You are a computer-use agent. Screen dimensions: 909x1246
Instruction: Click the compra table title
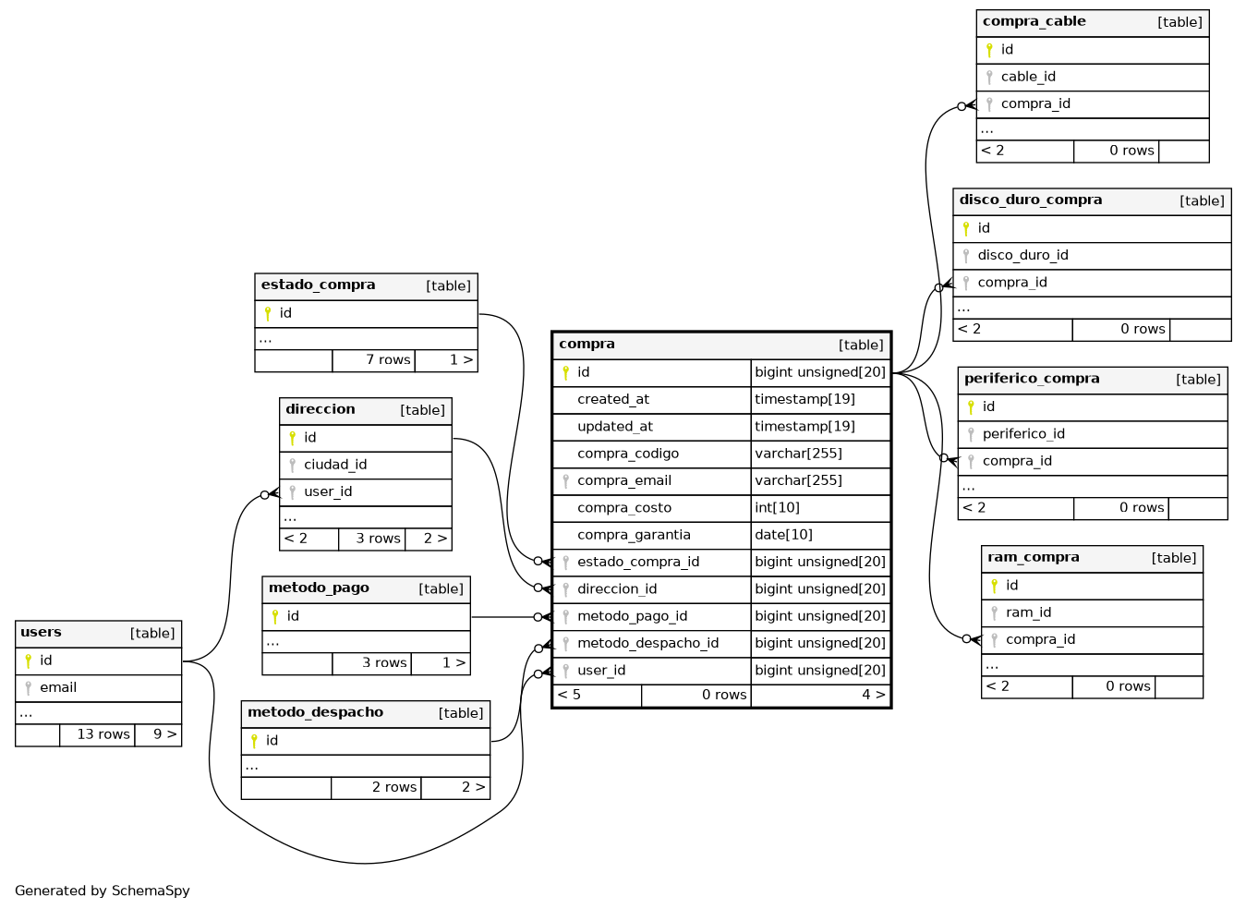(x=587, y=345)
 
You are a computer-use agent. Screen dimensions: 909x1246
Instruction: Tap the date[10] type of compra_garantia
(x=783, y=535)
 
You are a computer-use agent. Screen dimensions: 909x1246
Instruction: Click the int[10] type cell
(x=777, y=508)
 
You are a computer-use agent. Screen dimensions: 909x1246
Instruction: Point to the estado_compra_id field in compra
(x=637, y=562)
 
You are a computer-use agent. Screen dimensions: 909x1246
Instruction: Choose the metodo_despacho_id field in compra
(x=647, y=644)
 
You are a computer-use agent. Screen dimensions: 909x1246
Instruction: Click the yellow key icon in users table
(x=29, y=661)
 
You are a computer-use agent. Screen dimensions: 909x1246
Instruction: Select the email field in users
(x=58, y=688)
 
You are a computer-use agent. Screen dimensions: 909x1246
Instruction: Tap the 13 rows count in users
(x=103, y=734)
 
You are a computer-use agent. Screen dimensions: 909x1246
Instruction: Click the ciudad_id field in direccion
(x=334, y=465)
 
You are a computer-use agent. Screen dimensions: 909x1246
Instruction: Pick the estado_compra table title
(x=318, y=285)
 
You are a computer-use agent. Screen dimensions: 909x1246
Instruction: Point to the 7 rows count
(x=387, y=360)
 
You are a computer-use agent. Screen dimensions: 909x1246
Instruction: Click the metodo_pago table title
(x=319, y=588)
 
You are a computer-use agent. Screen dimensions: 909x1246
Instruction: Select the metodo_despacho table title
(x=315, y=713)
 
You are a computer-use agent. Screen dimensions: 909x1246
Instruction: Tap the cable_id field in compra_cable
(x=1027, y=77)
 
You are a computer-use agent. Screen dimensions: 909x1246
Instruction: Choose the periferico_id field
(x=1022, y=434)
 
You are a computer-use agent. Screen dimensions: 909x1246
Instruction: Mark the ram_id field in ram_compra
(x=1028, y=612)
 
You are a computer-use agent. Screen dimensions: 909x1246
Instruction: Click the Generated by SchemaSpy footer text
(x=103, y=891)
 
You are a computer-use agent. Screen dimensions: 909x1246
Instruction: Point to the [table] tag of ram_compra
(x=1173, y=558)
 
